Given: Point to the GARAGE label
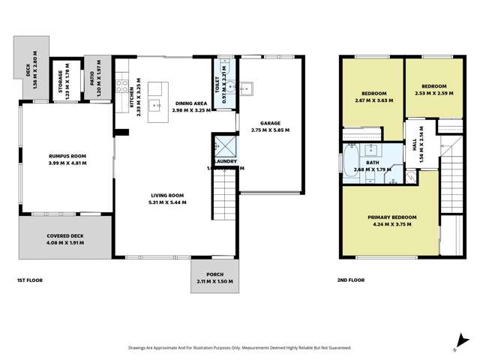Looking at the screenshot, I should click(x=269, y=126).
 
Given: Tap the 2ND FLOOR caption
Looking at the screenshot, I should click(x=350, y=280).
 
